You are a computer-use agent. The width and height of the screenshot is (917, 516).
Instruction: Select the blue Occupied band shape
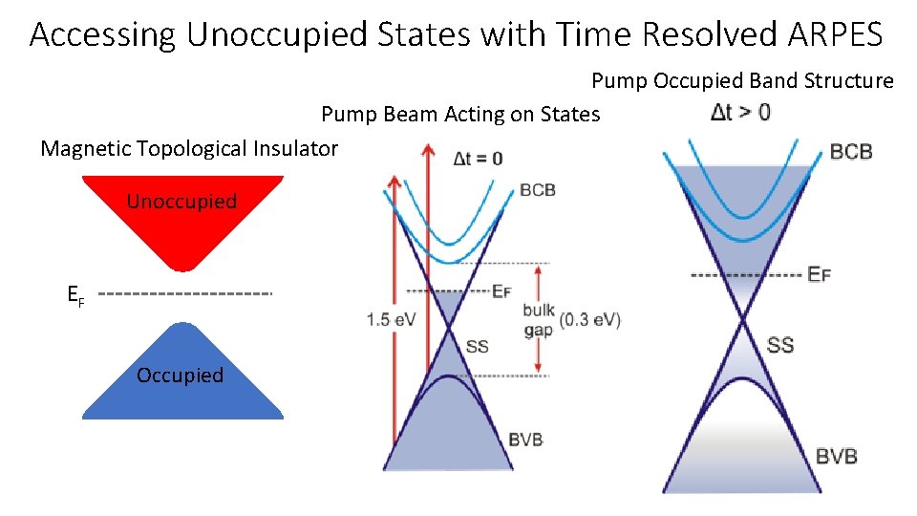tap(181, 377)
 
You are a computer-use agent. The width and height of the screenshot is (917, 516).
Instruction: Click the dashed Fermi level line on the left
tap(185, 292)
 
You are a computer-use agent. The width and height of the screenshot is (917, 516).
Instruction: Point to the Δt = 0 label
tap(477, 159)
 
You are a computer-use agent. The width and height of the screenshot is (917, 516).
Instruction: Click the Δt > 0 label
tap(740, 113)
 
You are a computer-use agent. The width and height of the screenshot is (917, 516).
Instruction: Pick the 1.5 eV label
tap(391, 320)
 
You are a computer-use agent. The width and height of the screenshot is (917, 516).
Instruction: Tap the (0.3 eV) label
tap(590, 319)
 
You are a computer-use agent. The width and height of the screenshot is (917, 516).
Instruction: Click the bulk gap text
tap(538, 320)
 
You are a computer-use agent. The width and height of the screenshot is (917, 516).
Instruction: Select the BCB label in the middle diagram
tap(537, 190)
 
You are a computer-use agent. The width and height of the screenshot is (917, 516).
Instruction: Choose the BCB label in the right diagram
tap(850, 152)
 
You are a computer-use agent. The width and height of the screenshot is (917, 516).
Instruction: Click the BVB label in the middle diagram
tap(526, 439)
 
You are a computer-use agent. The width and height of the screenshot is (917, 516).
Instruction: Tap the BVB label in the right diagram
tap(836, 455)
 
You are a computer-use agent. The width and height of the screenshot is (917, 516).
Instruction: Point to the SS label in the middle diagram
tap(477, 346)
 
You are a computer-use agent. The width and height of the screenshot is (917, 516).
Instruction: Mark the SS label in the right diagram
tap(780, 344)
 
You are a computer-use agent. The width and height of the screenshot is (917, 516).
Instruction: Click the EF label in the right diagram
tap(819, 275)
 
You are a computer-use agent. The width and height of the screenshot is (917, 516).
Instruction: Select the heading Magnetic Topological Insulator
tap(189, 148)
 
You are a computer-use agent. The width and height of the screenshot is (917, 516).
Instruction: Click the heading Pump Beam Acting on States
tap(460, 115)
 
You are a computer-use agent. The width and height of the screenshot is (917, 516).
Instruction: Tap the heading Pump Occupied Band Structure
tap(742, 80)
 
